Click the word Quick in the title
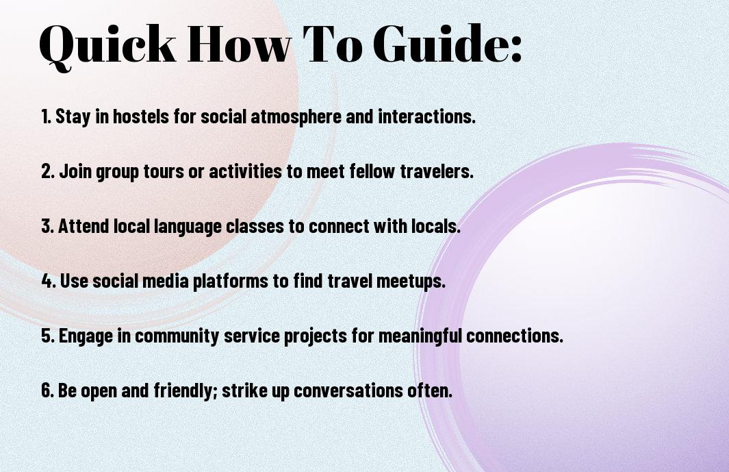tap(108, 45)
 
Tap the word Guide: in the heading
tap(448, 43)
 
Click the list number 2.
tap(48, 171)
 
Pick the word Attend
tap(84, 226)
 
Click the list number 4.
tap(49, 281)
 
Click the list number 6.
tap(48, 390)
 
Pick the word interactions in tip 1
tap(426, 116)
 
